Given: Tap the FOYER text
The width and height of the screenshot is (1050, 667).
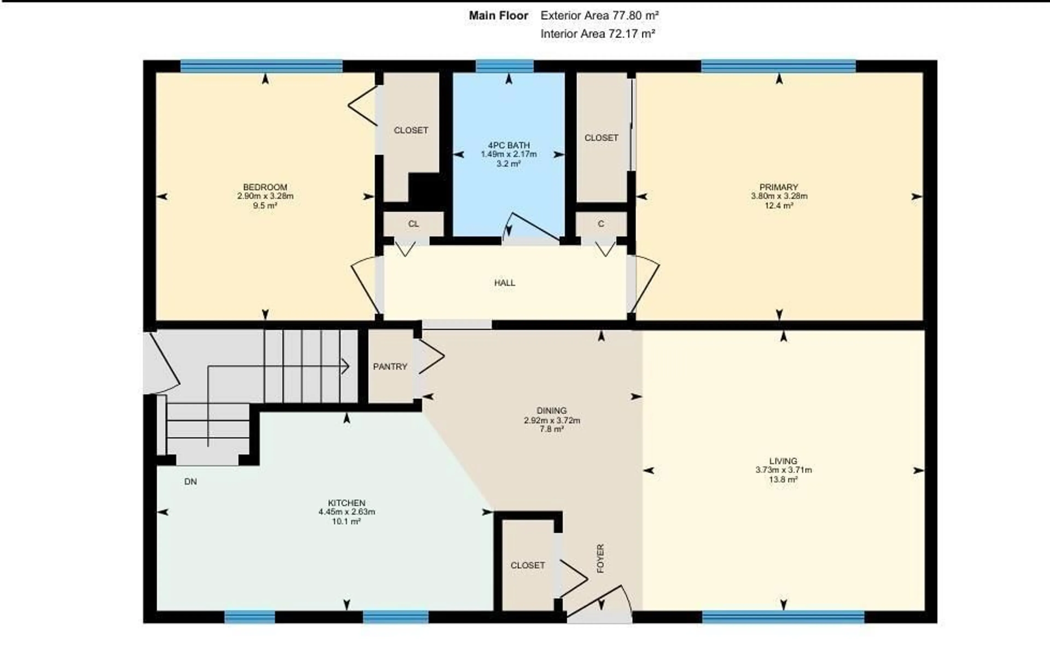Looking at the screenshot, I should point(600,558).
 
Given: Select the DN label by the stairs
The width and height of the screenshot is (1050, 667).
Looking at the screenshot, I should point(191,482).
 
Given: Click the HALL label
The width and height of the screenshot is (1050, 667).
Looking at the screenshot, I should point(504,283).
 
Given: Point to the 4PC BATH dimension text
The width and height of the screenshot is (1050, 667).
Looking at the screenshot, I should point(508,154).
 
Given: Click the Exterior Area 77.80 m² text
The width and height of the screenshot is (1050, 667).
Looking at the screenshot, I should point(600,16).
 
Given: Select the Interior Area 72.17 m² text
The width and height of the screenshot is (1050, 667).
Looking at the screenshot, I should point(598,34).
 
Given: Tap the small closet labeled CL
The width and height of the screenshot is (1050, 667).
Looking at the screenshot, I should point(413,224).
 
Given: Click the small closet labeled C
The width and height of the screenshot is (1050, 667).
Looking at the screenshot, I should point(601,224).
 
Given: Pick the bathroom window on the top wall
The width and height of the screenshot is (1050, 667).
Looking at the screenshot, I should point(504,66).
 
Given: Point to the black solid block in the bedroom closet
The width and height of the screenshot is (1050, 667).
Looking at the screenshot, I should point(425,188).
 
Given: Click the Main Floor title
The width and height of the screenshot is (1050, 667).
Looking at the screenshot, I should point(498,16).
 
